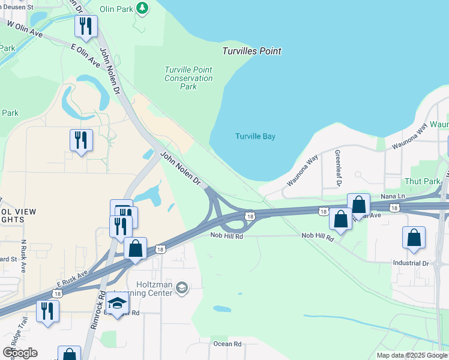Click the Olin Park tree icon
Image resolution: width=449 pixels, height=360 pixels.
(142, 8)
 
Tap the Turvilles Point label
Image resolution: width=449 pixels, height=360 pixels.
(252, 51)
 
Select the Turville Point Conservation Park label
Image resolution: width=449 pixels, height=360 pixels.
(188, 78)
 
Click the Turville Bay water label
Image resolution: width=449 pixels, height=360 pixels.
(255, 136)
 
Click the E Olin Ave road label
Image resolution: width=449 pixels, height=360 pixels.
(85, 54)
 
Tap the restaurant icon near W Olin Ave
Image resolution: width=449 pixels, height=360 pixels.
(86, 26)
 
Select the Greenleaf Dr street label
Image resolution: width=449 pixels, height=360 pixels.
(337, 167)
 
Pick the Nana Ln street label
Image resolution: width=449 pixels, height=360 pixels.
(393, 196)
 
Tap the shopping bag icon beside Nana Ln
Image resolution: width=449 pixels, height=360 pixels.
(358, 204)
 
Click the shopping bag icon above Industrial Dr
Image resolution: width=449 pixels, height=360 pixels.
(414, 237)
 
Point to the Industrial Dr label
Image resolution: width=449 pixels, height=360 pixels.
(411, 263)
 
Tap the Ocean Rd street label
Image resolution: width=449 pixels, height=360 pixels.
(227, 344)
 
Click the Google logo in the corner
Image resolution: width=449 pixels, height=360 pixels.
(20, 353)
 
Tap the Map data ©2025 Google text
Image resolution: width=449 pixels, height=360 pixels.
(411, 355)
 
